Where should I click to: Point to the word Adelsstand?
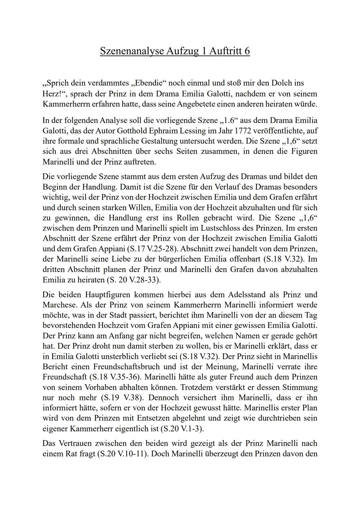click(247, 295)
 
